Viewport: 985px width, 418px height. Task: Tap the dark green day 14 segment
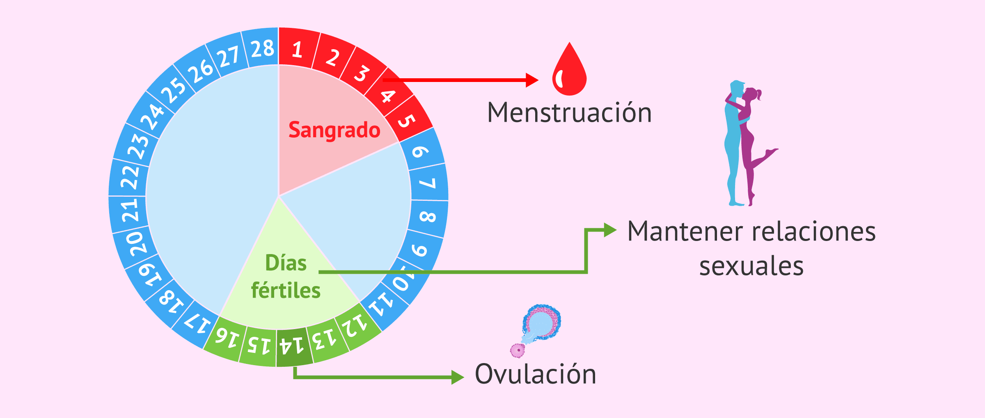pyautogui.click(x=292, y=347)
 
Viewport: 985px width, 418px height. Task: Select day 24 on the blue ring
pyautogui.click(x=152, y=116)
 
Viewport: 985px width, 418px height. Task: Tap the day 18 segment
pyautogui.click(x=171, y=302)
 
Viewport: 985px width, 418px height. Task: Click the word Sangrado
pyautogui.click(x=334, y=130)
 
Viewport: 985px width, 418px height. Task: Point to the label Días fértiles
pyautogui.click(x=286, y=277)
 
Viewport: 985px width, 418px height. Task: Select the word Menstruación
pyautogui.click(x=569, y=113)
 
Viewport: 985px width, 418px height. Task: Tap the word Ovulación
pyautogui.click(x=535, y=374)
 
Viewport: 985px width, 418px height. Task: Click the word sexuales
pyautogui.click(x=751, y=266)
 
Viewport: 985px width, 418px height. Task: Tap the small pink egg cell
pyautogui.click(x=518, y=350)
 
